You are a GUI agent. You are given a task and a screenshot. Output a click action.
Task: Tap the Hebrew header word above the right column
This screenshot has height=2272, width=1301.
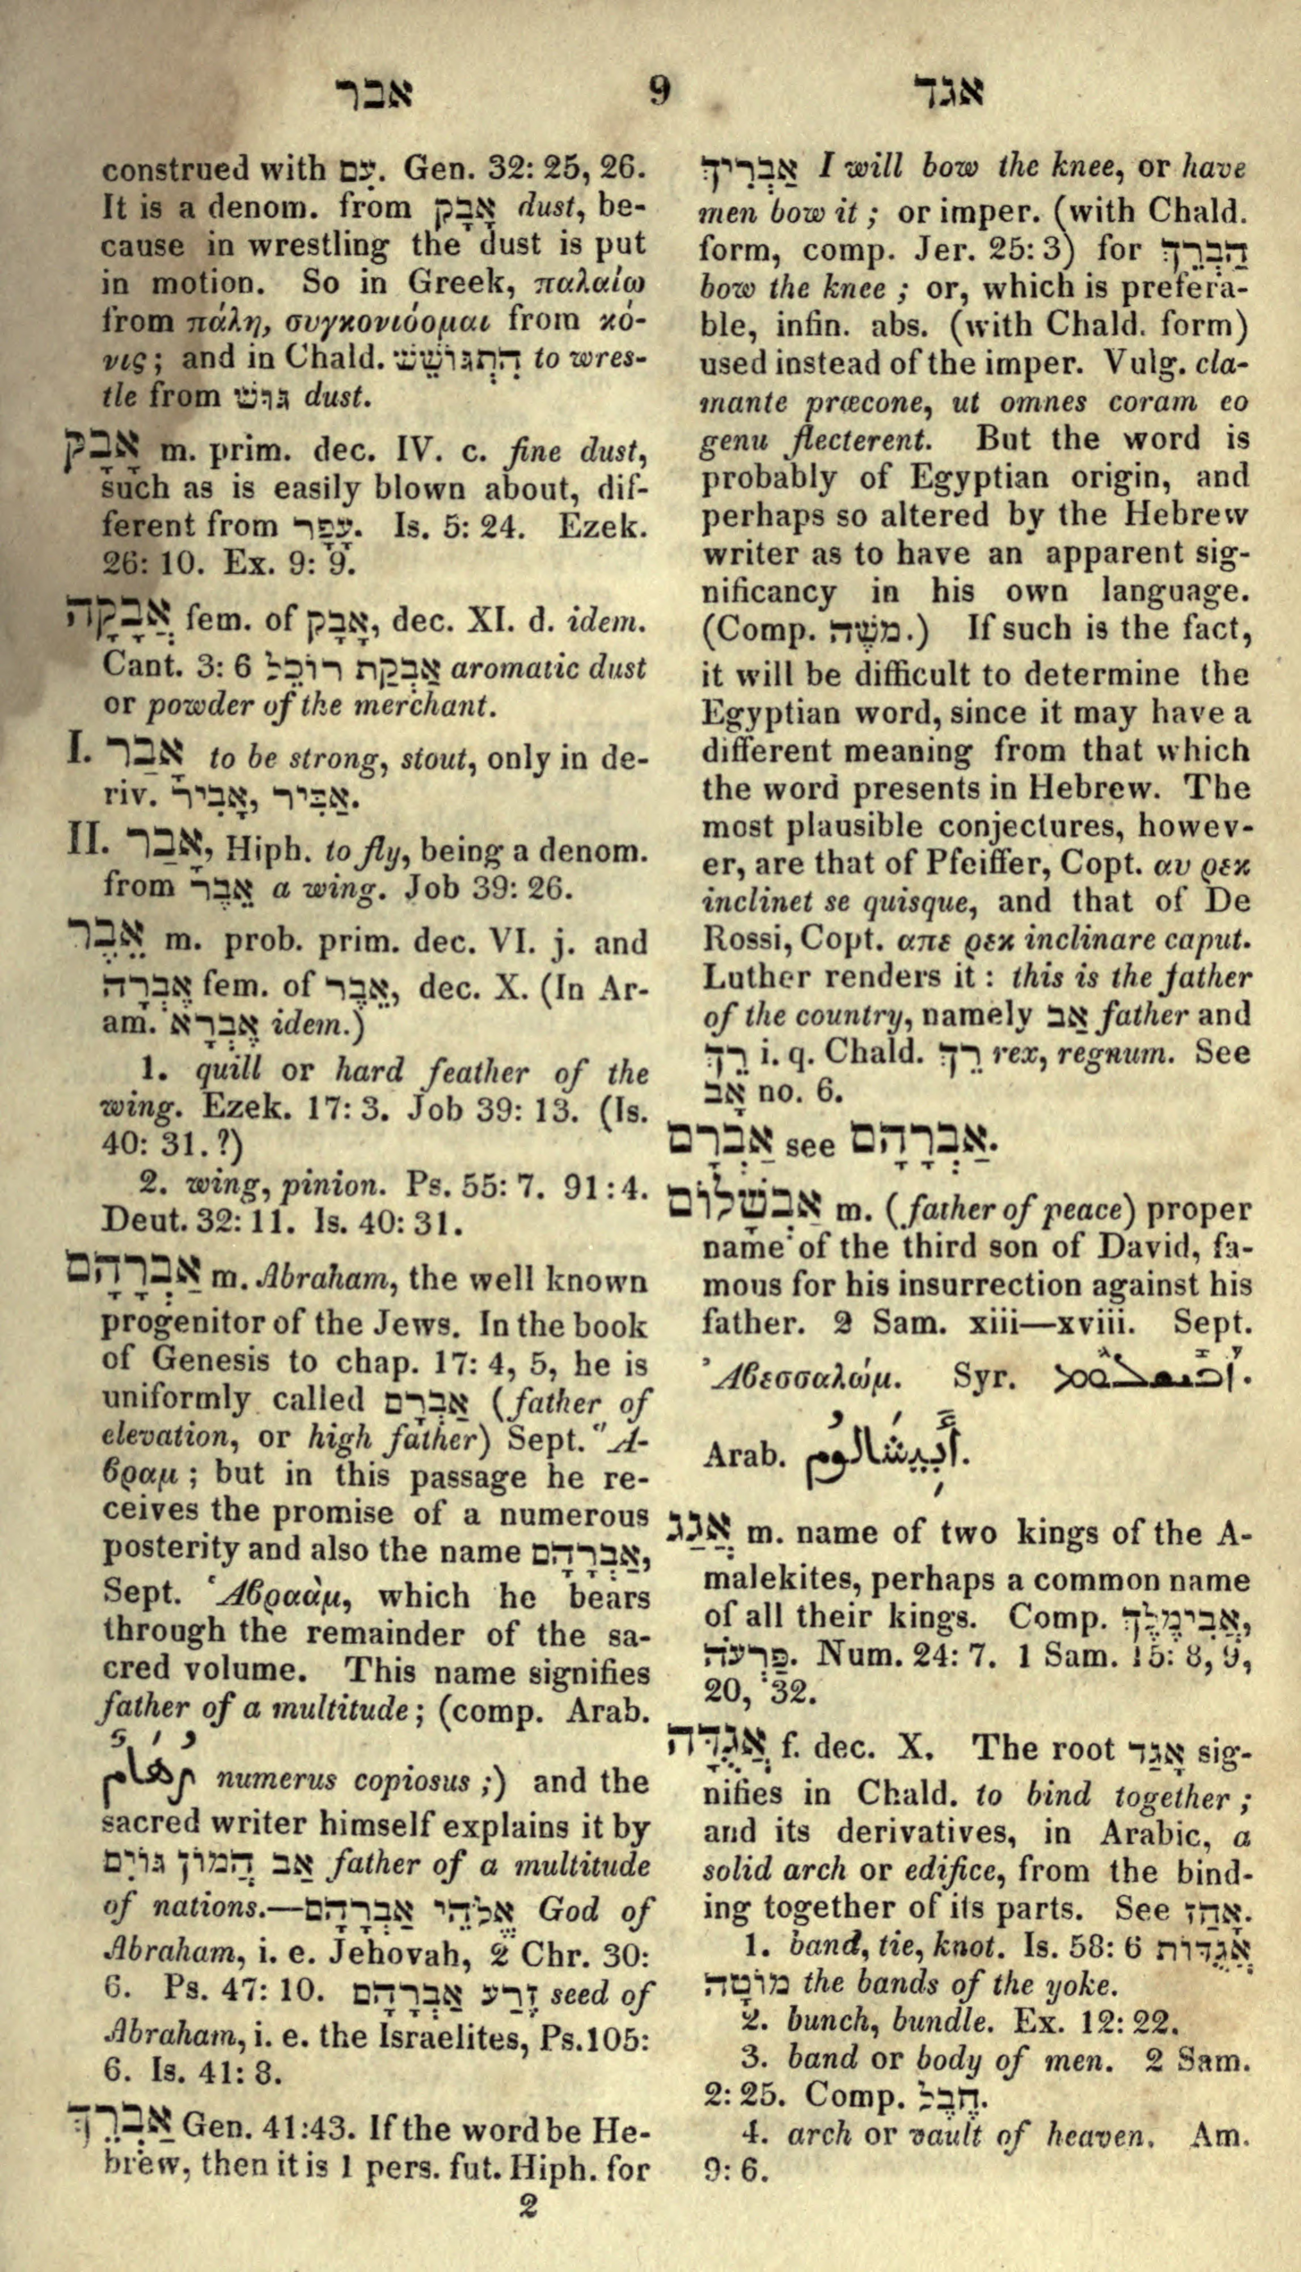pyautogui.click(x=949, y=92)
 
